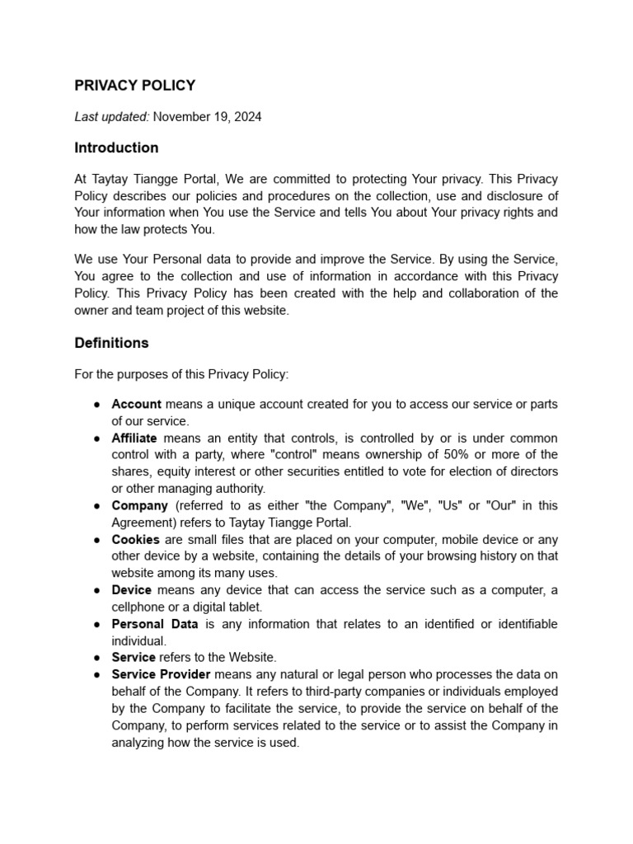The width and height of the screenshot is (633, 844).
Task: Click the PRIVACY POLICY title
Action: [x=135, y=86]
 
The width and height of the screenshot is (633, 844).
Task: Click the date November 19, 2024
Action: [x=208, y=117]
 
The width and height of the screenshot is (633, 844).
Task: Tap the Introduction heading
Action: [x=116, y=148]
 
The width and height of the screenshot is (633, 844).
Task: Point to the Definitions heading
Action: [x=111, y=343]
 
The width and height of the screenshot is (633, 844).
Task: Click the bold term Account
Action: [x=137, y=405]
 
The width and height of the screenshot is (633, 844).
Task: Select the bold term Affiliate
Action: [x=134, y=438]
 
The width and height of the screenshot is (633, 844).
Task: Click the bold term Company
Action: [x=140, y=505]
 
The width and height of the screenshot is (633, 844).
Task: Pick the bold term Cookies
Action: [x=136, y=540]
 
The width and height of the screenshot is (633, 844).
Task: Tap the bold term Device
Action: [x=132, y=590]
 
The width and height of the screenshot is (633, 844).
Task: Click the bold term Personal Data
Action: [x=155, y=624]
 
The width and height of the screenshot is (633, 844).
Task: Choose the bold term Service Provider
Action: [x=161, y=674]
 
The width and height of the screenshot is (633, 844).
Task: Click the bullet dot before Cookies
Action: [x=97, y=540]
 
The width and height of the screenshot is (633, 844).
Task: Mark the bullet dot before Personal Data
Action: [x=97, y=624]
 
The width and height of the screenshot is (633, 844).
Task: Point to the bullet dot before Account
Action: [x=97, y=405]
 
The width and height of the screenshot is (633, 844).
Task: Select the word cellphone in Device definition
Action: [x=140, y=607]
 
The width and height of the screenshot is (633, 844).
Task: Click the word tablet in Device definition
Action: [x=245, y=607]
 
